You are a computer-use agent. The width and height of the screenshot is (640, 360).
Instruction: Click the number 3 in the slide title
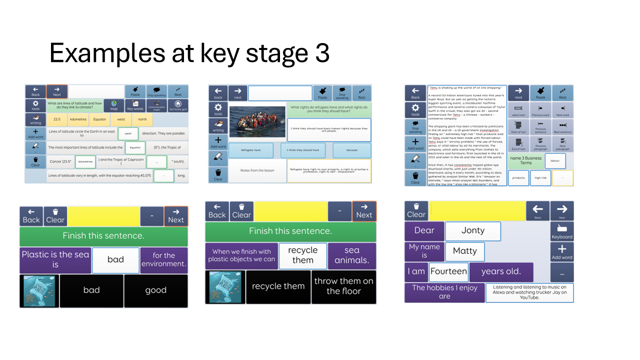coord(321,53)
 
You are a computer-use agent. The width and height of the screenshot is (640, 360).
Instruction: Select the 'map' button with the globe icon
coord(114,105)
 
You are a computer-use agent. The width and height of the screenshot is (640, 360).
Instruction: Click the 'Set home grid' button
coord(178,105)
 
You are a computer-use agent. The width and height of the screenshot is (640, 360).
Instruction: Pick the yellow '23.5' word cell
coord(57,119)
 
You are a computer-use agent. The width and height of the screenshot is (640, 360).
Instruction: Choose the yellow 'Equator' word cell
coord(99,119)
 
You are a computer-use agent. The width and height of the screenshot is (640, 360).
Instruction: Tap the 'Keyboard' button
coord(562,231)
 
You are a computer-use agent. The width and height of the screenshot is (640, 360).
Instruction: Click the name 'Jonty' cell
coord(472,230)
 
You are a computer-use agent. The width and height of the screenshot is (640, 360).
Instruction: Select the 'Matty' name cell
coord(464,251)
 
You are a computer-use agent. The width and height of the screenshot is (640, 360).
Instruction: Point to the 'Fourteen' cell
coord(448,272)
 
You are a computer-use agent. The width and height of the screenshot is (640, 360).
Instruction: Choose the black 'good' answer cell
coord(155,290)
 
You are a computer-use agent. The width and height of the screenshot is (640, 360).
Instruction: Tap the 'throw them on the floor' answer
coord(343,286)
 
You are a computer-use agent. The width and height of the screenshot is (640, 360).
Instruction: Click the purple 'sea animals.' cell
coord(351,255)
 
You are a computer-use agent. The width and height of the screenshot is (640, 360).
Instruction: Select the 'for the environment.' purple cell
coord(164,259)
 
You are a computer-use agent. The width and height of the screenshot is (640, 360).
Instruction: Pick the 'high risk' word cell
coord(540,177)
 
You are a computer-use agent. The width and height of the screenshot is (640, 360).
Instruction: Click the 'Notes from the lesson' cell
coord(257,170)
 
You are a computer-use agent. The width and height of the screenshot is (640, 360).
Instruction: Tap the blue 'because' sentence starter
coord(351,150)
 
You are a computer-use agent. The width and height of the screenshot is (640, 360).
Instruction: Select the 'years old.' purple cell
coord(501,272)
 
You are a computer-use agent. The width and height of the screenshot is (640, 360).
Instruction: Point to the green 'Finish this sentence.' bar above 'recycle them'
coord(290,231)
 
